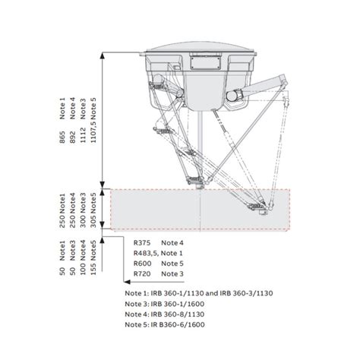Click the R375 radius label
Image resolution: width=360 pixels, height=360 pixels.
point(144,242)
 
